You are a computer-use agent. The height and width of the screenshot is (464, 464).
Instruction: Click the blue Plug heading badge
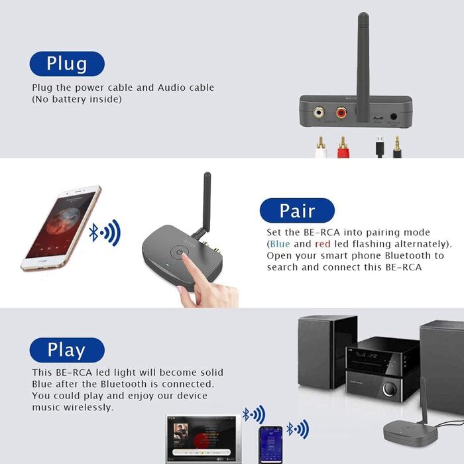[67, 64]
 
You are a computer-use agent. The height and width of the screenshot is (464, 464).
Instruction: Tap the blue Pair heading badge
[297, 210]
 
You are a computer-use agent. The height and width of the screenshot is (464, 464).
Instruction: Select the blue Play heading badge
[67, 350]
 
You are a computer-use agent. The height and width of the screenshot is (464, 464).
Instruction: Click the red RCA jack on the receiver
[341, 113]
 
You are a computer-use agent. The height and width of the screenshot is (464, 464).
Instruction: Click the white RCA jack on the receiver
[319, 113]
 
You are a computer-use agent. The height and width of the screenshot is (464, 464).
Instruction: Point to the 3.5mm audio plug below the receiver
[397, 146]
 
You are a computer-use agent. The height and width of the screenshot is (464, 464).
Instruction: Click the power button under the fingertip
[181, 254]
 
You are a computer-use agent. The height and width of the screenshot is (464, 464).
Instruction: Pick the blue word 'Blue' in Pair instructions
[280, 244]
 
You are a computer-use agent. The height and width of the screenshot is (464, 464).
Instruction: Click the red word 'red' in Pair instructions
[323, 244]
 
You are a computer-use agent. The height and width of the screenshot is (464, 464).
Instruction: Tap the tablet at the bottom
[203, 438]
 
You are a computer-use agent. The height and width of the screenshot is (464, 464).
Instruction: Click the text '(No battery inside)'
[77, 99]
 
